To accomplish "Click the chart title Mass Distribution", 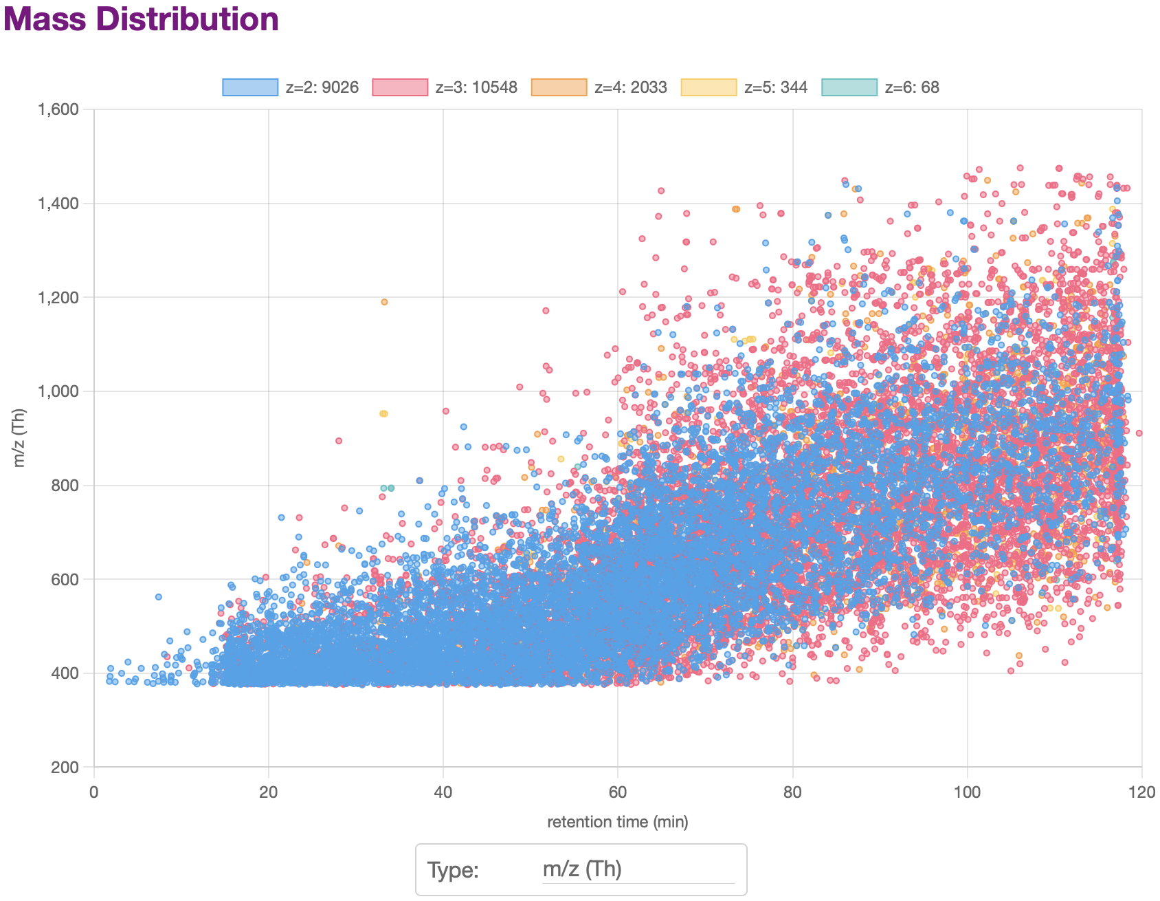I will pos(141,19).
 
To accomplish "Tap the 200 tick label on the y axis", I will pos(71,768).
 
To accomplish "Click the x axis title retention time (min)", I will pos(617,822).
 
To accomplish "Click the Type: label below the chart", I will pos(453,870).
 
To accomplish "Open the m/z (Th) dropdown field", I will pos(638,869).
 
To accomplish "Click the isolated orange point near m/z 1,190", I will pos(384,302).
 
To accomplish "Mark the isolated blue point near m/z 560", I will pos(158,597).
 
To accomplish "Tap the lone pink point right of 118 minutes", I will pos(1139,433).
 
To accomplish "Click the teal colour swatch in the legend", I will pos(849,87).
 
